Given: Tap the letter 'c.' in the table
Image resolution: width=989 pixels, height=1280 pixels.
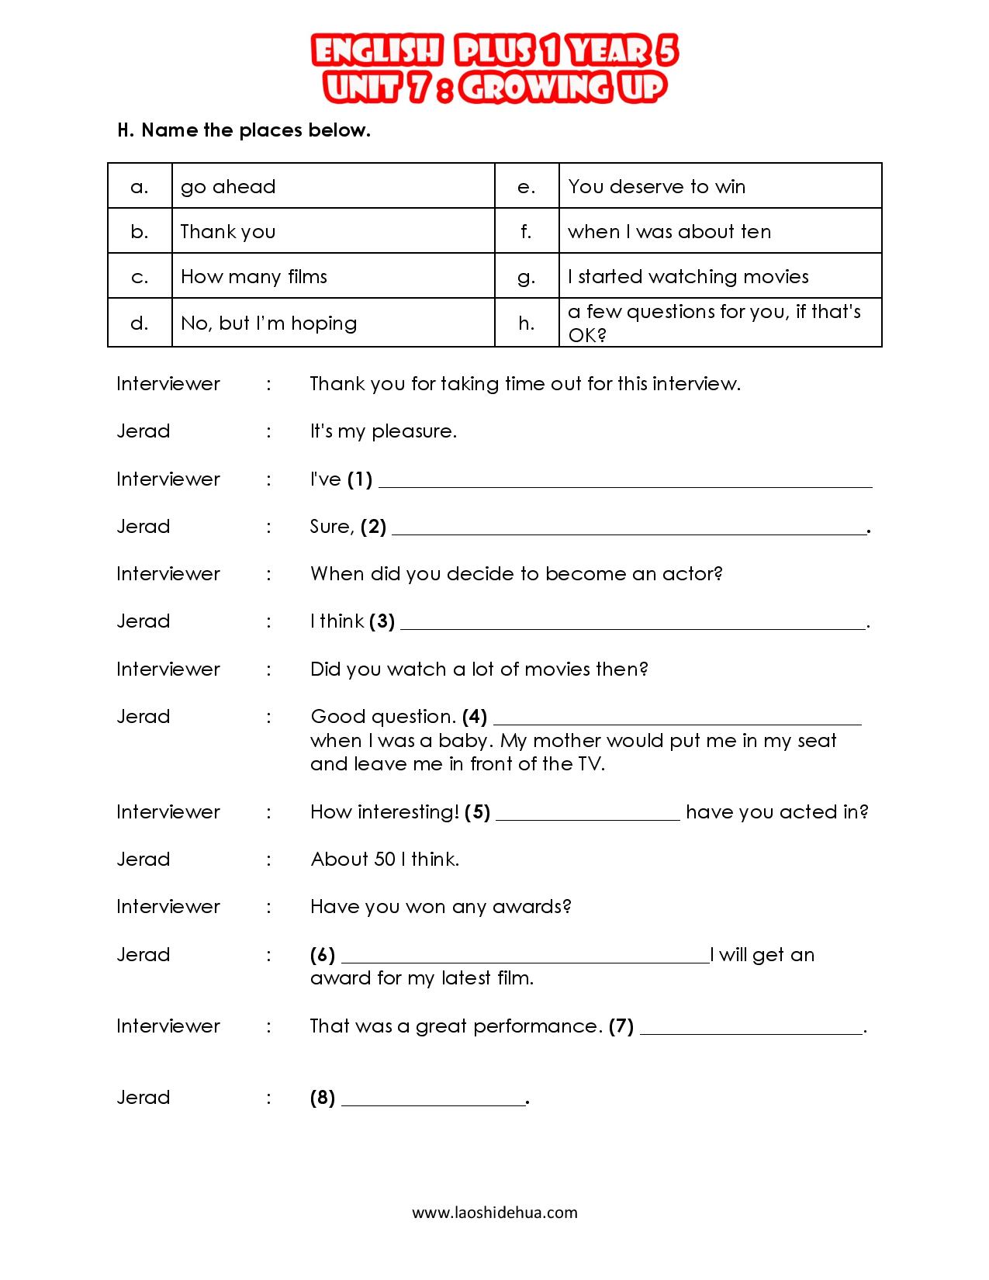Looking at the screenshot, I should pyautogui.click(x=140, y=277).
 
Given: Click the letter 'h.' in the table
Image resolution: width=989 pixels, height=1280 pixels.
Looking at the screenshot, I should pyautogui.click(x=527, y=323).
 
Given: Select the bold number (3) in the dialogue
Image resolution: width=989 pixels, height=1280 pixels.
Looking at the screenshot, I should pyautogui.click(x=382, y=621).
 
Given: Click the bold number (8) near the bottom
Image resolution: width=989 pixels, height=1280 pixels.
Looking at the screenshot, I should pyautogui.click(x=323, y=1098).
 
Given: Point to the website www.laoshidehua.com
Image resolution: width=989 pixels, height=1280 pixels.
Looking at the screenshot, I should pyautogui.click(x=494, y=1213).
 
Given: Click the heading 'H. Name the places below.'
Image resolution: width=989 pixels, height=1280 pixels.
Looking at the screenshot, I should pyautogui.click(x=244, y=130).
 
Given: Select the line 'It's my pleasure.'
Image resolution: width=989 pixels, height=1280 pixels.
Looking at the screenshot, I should pyautogui.click(x=383, y=431).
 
